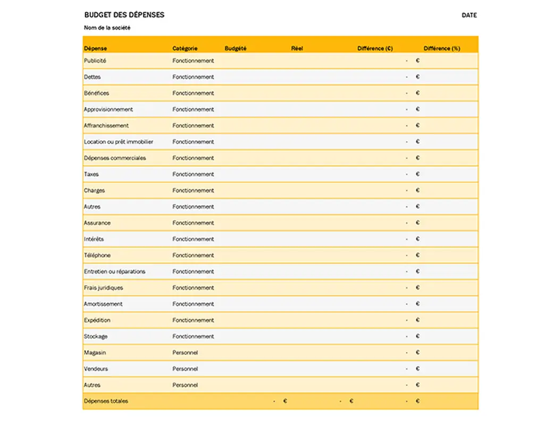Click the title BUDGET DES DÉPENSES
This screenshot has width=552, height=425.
[x=124, y=15]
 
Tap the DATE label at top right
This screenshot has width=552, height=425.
[x=469, y=15]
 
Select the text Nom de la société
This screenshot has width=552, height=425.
[x=107, y=28]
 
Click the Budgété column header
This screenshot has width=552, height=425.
[x=236, y=48]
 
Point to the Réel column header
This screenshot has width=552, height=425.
[x=297, y=48]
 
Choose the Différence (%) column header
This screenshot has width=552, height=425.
[x=442, y=48]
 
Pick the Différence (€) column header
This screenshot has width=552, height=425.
[x=375, y=48]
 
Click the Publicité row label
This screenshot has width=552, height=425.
[x=95, y=61]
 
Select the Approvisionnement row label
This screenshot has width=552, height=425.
[x=108, y=109]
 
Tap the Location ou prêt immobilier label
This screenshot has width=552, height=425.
[x=119, y=142]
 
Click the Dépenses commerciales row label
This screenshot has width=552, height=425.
[x=115, y=158]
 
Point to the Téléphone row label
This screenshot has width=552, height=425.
[x=97, y=255]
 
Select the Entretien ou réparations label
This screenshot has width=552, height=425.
[x=114, y=271]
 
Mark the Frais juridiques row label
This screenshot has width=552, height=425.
[x=103, y=287]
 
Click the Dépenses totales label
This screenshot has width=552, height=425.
[x=106, y=401]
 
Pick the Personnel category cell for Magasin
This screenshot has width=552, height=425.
[x=185, y=352]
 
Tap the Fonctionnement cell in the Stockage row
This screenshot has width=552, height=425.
[x=193, y=336]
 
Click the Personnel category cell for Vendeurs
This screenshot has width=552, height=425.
[x=185, y=369]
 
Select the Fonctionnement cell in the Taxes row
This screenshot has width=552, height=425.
[x=193, y=174]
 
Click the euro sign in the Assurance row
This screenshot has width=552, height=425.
[x=417, y=223]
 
